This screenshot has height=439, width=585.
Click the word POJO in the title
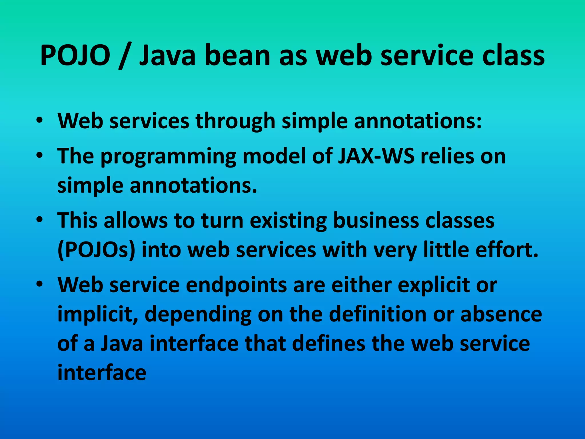click(75, 55)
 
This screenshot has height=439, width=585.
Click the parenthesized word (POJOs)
click(96, 250)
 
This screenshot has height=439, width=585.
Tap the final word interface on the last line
click(102, 373)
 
